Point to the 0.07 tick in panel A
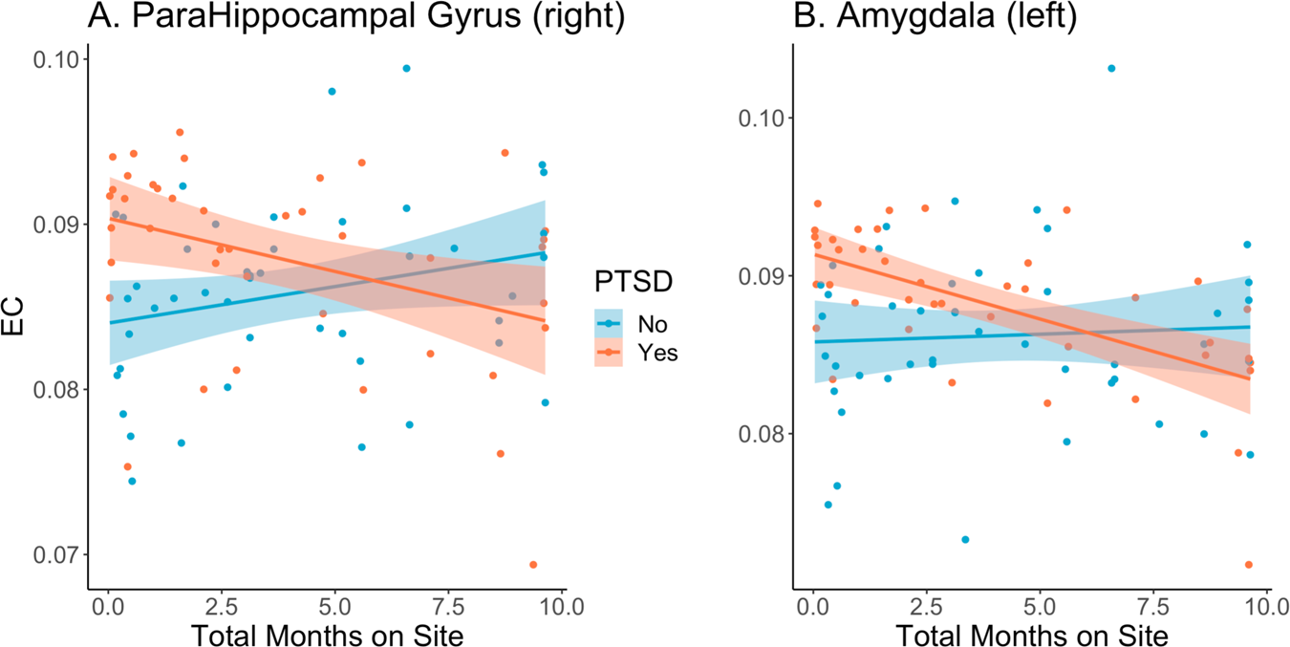(x=57, y=555)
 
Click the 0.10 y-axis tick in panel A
(x=57, y=59)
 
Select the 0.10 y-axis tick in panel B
(x=762, y=119)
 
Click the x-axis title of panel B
(x=1031, y=632)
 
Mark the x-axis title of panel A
(x=328, y=632)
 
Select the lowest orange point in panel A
(x=533, y=565)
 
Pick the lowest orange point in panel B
(x=1248, y=565)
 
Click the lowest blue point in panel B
(x=965, y=540)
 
